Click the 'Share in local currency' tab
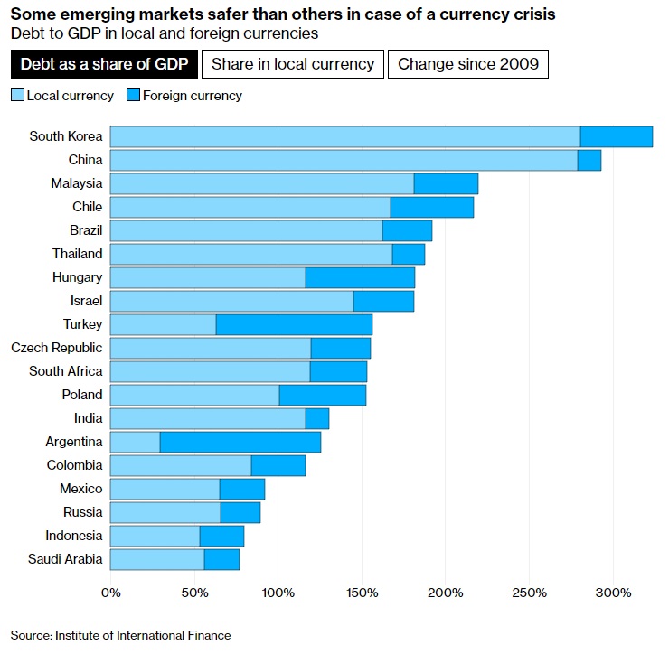(293, 64)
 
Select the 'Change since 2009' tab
(468, 64)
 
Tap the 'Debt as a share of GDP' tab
(104, 64)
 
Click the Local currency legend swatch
(17, 95)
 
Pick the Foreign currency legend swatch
(135, 95)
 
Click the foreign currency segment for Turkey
(294, 324)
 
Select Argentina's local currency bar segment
(135, 442)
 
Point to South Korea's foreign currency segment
(616, 136)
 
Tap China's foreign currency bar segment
(589, 160)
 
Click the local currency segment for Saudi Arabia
(157, 559)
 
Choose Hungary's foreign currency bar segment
(360, 277)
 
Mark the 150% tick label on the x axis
(362, 593)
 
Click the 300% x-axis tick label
(614, 593)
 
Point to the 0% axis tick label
(110, 593)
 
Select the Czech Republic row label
(57, 348)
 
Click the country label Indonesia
(73, 536)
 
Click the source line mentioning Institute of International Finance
(121, 635)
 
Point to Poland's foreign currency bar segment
(322, 395)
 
